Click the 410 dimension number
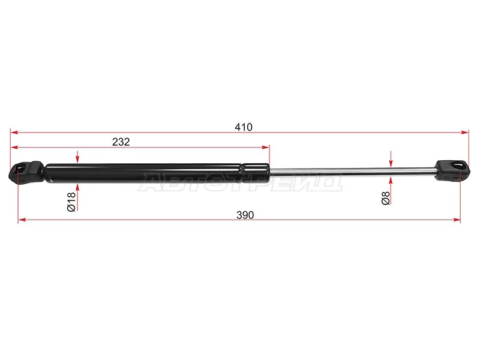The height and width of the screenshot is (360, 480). [x=244, y=127]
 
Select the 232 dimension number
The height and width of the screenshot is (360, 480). [x=121, y=142]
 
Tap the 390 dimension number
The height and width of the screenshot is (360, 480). [x=245, y=215]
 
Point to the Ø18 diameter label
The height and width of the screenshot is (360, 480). [x=71, y=202]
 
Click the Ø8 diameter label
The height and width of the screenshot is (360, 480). [x=386, y=198]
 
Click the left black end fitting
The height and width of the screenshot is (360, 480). [x=26, y=172]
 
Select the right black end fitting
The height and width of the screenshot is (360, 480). [x=452, y=170]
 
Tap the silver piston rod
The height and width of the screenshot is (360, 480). [x=353, y=171]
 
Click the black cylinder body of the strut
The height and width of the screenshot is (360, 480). [x=157, y=173]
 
